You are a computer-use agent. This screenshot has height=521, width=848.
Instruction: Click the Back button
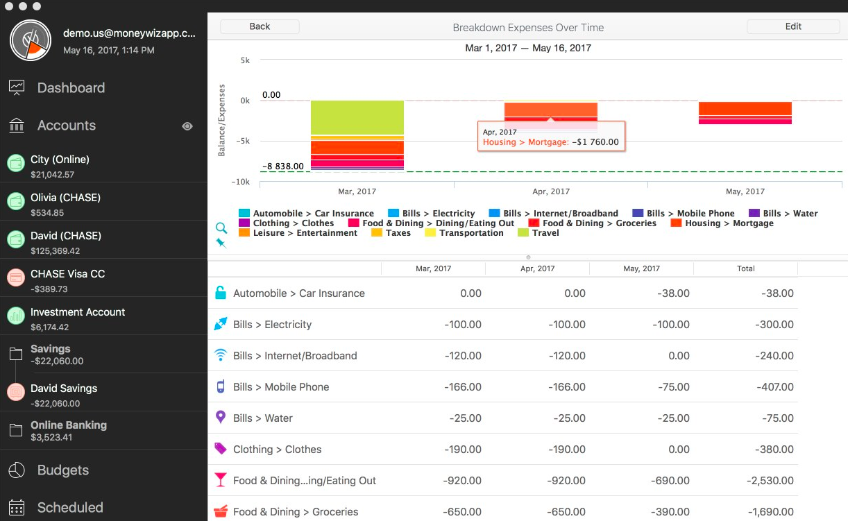260,26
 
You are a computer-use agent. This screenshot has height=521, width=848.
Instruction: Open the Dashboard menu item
71,88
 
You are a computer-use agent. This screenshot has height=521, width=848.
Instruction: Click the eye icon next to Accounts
187,126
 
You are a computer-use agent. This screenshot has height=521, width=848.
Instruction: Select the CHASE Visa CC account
68,273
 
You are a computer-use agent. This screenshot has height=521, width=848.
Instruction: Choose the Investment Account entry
78,311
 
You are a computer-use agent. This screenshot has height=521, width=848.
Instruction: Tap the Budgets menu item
63,470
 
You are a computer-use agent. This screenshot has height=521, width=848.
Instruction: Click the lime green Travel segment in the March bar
357,117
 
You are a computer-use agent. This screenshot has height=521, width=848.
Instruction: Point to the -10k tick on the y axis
241,182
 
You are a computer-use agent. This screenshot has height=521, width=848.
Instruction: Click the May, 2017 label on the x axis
745,191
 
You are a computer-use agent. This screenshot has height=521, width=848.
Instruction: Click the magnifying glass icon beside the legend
221,228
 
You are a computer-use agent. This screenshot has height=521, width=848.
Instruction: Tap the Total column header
745,268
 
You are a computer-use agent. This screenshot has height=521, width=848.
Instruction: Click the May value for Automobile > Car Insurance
673,293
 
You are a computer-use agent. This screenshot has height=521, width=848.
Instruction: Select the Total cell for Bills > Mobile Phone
775,386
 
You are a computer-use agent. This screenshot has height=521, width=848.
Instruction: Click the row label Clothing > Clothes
277,449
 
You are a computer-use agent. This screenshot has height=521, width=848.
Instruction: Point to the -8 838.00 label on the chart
283,166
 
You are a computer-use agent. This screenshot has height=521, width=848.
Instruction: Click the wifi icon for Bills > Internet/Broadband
221,355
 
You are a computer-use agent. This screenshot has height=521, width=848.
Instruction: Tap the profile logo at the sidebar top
31,40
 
